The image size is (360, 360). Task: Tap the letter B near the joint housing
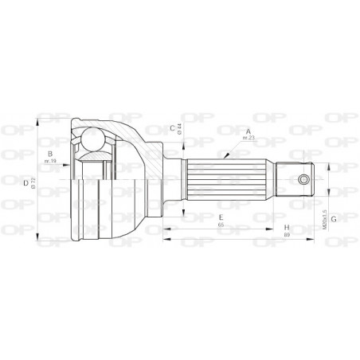[49, 154]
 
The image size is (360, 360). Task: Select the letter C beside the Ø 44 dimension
[171, 127]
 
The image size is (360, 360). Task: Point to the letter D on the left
[27, 182]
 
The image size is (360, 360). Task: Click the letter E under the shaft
[220, 217]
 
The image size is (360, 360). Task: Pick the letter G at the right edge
[335, 217]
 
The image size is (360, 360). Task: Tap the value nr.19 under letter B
[49, 162]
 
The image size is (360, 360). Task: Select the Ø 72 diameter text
[35, 182]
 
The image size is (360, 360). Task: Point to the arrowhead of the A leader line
[225, 157]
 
